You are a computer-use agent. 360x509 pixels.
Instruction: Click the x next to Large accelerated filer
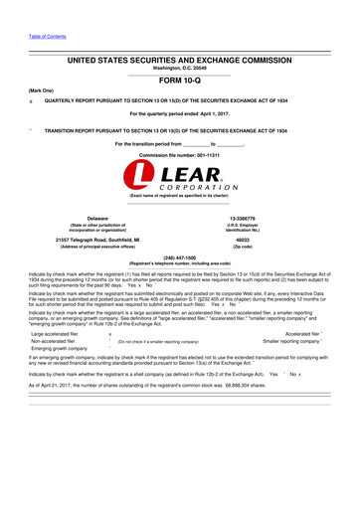click(108, 336)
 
